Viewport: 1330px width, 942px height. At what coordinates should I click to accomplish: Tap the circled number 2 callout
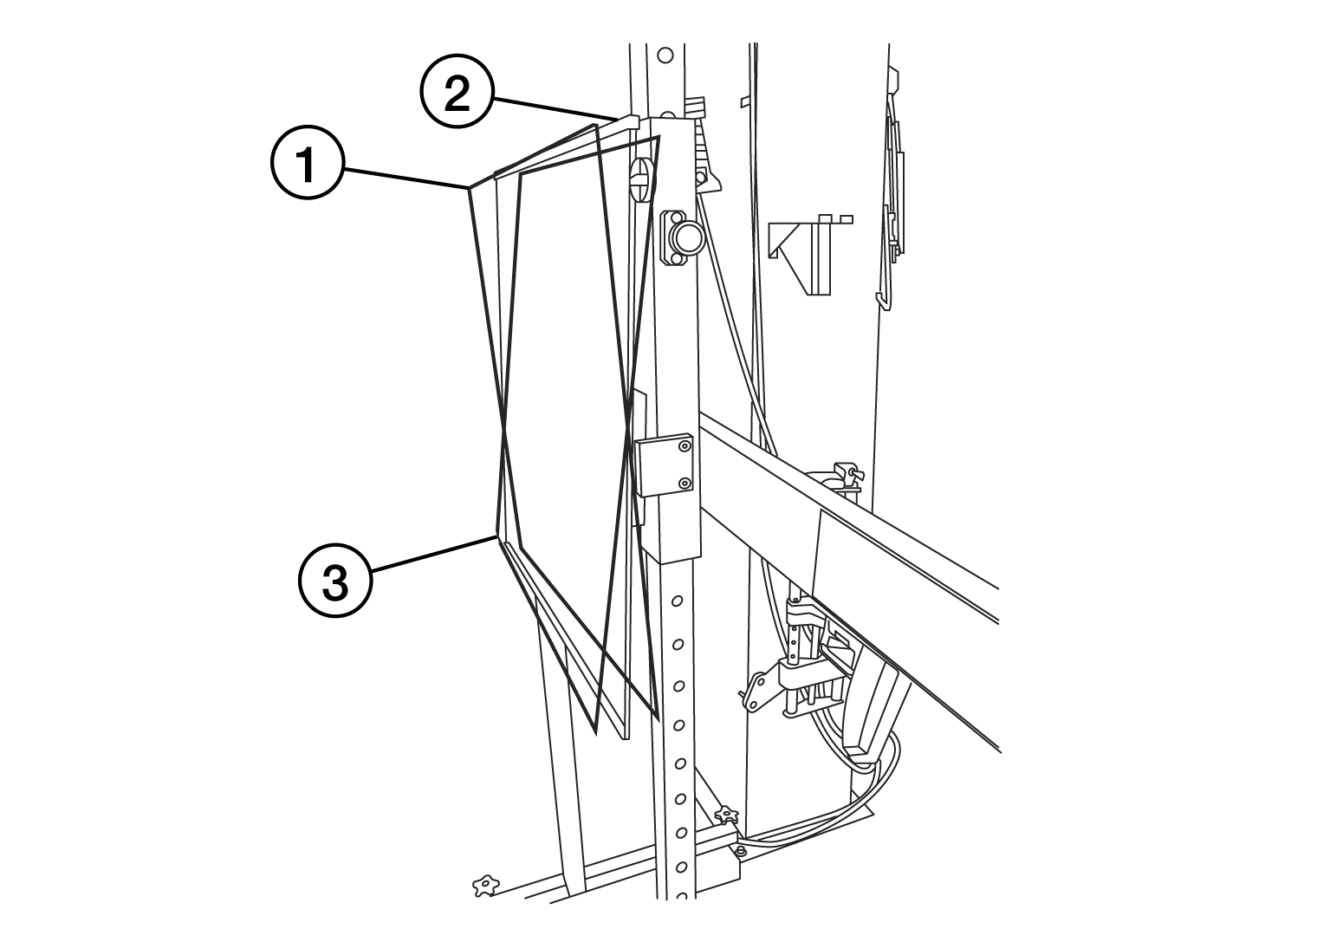click(x=457, y=95)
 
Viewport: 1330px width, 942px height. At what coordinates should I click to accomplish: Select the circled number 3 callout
click(x=335, y=582)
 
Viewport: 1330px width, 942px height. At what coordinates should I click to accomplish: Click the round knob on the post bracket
click(x=686, y=235)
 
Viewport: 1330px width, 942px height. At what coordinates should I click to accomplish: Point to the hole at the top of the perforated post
click(x=665, y=55)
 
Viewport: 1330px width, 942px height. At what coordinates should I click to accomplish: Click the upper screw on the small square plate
click(x=684, y=447)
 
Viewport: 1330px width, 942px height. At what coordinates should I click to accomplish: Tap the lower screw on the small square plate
click(x=684, y=483)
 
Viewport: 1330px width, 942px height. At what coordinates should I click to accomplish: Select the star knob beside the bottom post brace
click(x=725, y=814)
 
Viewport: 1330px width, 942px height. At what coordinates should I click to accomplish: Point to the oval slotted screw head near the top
click(x=640, y=179)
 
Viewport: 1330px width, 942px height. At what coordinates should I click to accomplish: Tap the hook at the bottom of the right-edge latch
click(x=883, y=298)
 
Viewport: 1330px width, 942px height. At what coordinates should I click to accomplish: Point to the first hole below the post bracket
click(x=678, y=599)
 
